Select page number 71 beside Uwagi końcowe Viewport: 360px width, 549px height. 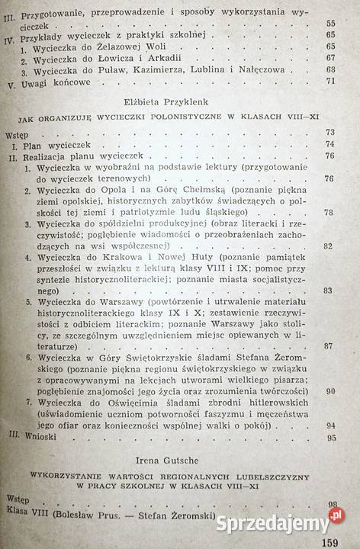click(332, 81)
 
